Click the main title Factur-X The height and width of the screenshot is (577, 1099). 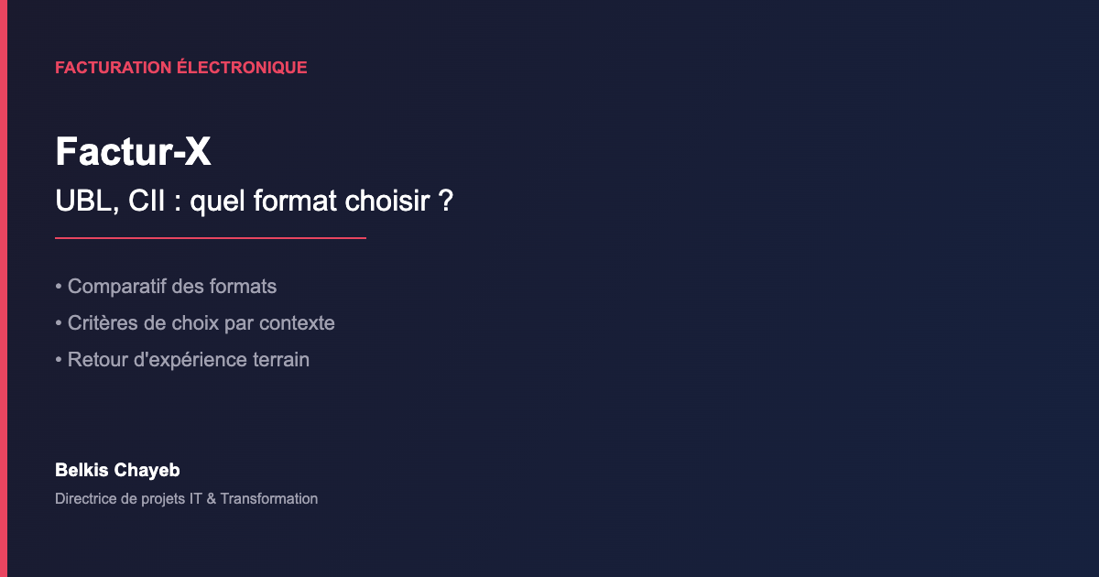tap(133, 152)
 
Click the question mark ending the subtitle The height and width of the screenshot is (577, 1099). tap(446, 201)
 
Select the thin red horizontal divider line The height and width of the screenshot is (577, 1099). tap(211, 238)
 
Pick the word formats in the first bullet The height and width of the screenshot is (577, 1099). tap(243, 287)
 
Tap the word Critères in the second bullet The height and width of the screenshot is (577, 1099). tap(102, 323)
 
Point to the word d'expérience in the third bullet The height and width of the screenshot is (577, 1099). tap(189, 360)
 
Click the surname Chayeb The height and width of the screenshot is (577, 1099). tap(146, 471)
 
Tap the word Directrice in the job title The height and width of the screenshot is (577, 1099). tap(87, 499)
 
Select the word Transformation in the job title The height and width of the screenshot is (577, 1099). tap(269, 499)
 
